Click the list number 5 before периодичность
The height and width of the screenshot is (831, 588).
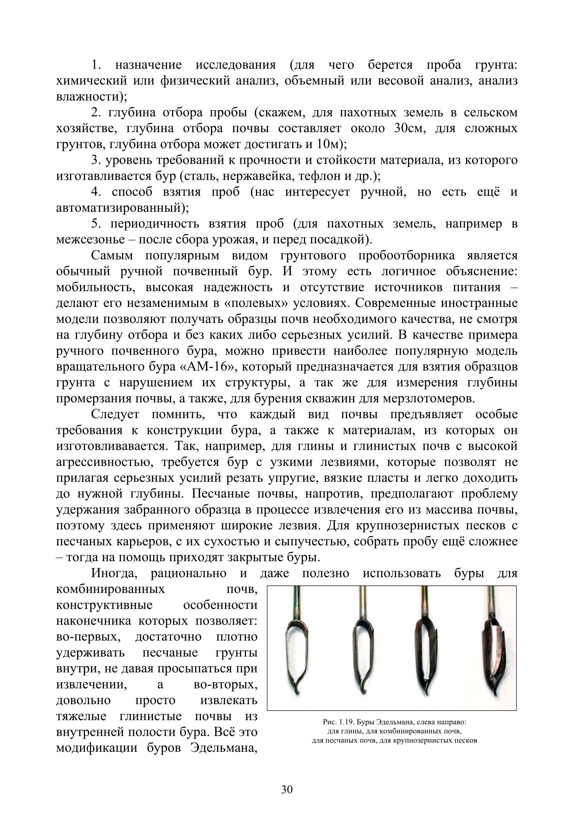pyautogui.click(x=95, y=224)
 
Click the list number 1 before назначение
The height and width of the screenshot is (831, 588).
pyautogui.click(x=95, y=65)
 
